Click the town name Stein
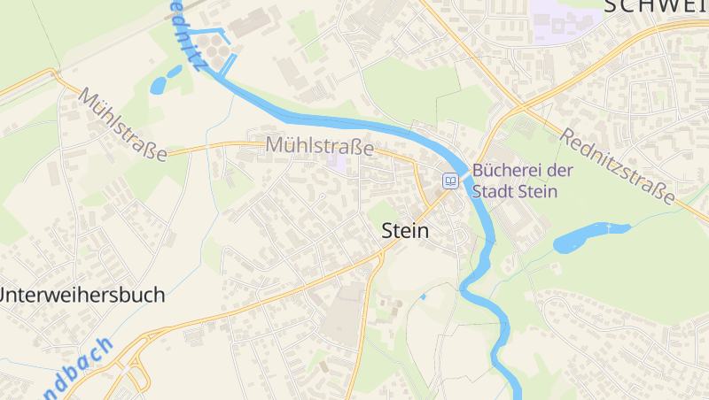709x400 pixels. tap(405, 232)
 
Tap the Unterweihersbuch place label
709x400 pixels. tap(83, 295)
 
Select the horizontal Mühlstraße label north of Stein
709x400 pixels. tap(318, 146)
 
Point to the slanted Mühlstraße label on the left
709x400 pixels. tap(123, 125)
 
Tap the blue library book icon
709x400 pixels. tap(450, 181)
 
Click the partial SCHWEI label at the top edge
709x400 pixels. tap(656, 7)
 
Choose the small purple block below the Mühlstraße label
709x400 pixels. tap(337, 161)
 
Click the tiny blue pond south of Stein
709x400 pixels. tap(423, 296)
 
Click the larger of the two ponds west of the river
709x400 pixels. tap(160, 85)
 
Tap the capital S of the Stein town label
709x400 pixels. tap(387, 232)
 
